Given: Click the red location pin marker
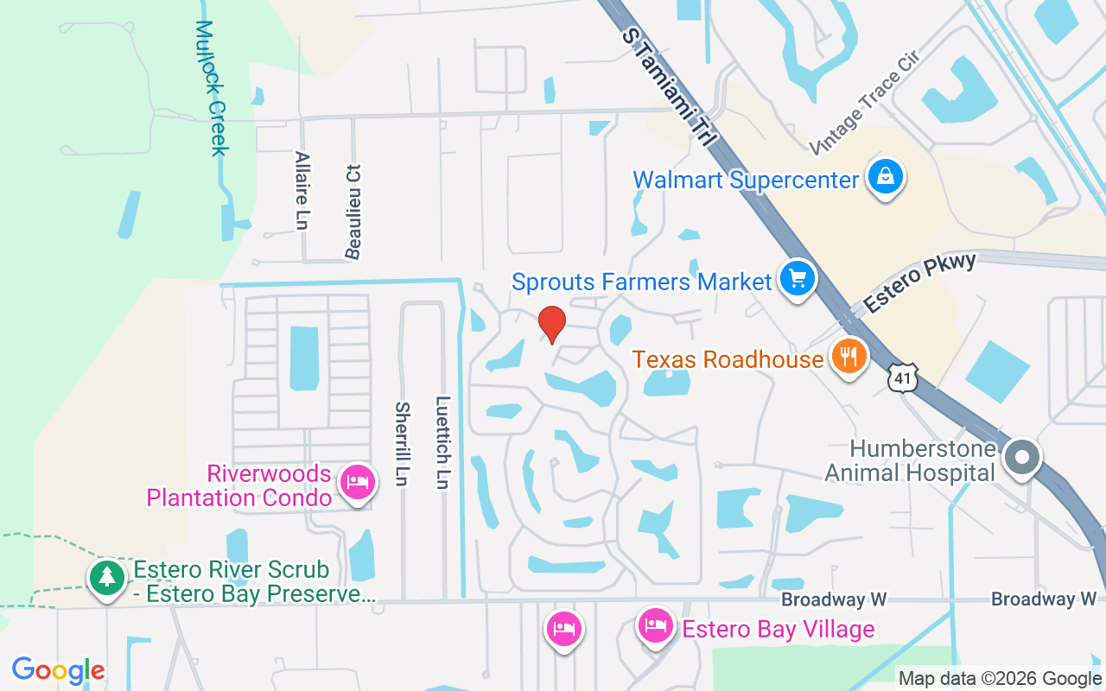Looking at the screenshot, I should click(x=552, y=324).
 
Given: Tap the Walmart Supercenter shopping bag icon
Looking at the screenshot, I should click(x=885, y=178).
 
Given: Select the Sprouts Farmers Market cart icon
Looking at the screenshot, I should click(x=797, y=280).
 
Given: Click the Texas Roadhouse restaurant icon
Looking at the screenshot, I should click(x=849, y=355).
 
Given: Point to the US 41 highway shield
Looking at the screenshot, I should click(x=902, y=378).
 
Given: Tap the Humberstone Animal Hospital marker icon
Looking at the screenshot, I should click(x=1023, y=458).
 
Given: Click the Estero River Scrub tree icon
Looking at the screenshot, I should click(x=107, y=577).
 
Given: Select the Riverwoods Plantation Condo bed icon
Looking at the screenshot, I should click(x=357, y=482).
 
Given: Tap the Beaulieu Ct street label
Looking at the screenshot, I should click(x=353, y=212).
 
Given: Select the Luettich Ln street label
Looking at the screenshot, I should click(x=442, y=442).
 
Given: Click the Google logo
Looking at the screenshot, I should click(x=58, y=670).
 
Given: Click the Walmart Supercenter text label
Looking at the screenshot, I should click(x=746, y=180).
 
